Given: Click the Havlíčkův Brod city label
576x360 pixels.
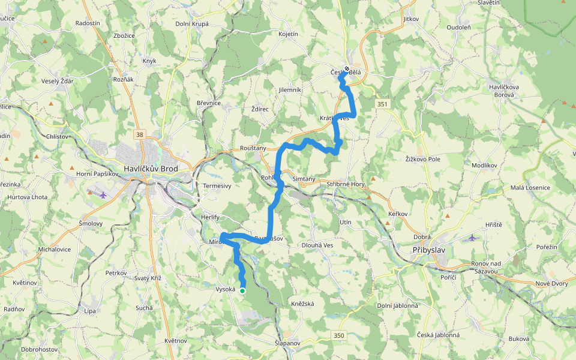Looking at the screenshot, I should pos(158,169).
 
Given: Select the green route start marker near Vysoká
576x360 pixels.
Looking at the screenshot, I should pos(242,290).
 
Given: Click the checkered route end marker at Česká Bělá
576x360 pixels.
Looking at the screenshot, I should pos(347,69).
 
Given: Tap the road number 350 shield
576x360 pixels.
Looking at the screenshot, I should pos(340,334).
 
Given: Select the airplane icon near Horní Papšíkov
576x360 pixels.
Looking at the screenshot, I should pos(103,194).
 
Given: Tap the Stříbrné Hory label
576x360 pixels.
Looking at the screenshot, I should pos(346,184).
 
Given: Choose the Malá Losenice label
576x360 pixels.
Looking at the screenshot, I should pos(530,187).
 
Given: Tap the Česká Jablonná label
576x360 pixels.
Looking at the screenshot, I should pos(439,335).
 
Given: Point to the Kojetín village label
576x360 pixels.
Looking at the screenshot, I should pos(288,34).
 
